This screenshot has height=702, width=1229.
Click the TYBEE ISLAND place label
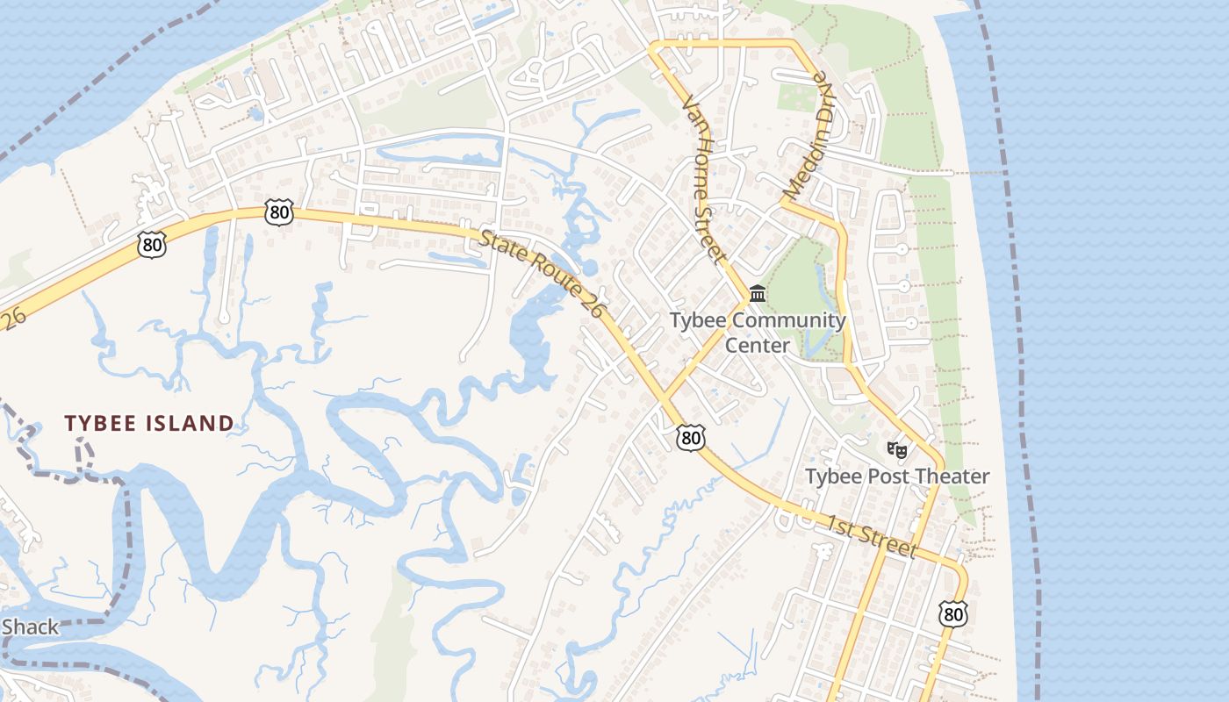tap(149, 424)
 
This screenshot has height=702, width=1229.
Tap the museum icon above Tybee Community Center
tap(758, 293)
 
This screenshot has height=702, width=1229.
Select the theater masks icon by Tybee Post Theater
tap(896, 450)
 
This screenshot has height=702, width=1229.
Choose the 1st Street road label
tap(872, 534)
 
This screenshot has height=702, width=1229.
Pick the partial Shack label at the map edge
tap(30, 627)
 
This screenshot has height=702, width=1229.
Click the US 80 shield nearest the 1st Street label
tap(953, 613)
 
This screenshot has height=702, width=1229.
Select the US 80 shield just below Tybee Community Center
tap(691, 438)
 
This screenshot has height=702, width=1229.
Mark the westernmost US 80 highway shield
tap(152, 244)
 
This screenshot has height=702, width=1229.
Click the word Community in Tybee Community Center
tap(787, 320)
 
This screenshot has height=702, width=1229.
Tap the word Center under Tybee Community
tap(758, 346)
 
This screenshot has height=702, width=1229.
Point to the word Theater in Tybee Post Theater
tap(952, 476)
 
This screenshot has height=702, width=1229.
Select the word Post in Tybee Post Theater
tap(887, 476)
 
